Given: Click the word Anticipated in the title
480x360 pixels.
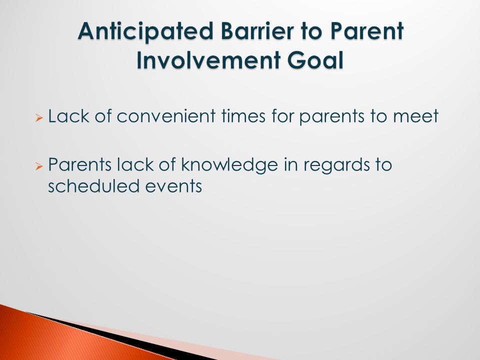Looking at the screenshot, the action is coord(145,32).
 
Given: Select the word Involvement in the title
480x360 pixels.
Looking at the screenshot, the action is coord(208,59).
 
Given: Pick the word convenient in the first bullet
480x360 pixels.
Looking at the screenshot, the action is coord(166,116).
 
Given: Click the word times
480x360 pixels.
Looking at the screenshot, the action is coord(243,116).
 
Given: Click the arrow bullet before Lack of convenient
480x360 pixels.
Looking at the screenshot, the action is coord(39,117).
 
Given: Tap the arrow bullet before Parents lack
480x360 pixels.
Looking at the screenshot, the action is coord(39,166).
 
